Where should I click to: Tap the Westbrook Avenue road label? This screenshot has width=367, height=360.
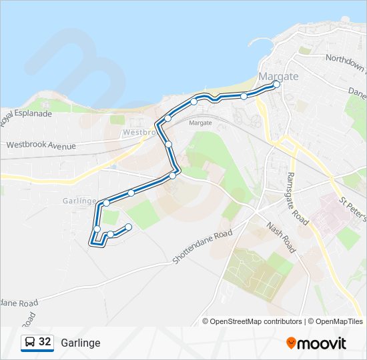[x=41, y=145]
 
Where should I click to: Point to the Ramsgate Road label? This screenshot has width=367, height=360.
[x=296, y=197]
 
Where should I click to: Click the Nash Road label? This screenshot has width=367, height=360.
[x=280, y=237]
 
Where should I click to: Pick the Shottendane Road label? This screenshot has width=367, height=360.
[x=202, y=247]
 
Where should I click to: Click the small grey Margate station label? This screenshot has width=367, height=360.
[x=200, y=123]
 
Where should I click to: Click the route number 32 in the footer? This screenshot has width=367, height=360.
[x=45, y=342]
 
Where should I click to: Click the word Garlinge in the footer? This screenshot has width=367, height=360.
[x=80, y=343]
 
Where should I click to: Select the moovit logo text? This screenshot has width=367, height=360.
[x=322, y=343]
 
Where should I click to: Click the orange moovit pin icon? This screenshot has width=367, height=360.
[x=291, y=343]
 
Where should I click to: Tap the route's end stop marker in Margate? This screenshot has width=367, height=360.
[x=276, y=84]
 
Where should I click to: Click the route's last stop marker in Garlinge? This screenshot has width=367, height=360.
[x=128, y=227]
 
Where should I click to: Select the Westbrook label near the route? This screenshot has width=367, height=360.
[x=138, y=133]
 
